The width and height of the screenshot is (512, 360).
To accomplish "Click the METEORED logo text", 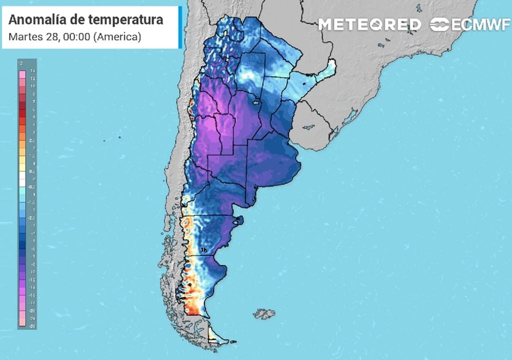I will tap(370, 24).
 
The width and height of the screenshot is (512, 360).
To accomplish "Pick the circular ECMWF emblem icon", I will tap(440, 24).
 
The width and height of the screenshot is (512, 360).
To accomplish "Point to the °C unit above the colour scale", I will tap(20, 63).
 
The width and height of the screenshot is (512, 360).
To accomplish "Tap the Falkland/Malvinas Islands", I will tap(264, 314).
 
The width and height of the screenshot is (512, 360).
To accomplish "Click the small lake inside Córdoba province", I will tap(257, 103).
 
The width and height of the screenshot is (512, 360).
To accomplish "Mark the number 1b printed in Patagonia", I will tap(203, 249).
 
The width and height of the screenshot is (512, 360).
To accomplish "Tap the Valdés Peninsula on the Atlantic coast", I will tap(239, 219).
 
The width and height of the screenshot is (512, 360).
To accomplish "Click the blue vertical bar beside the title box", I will tap(180, 27).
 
